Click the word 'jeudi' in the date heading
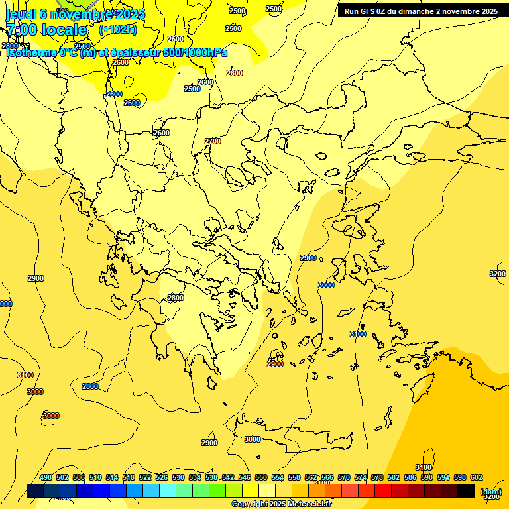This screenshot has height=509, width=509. (x=21, y=14)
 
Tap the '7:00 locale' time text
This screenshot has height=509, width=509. (x=46, y=30)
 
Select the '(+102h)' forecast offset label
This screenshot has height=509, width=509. (x=117, y=30)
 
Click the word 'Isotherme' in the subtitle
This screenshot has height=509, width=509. (x=30, y=52)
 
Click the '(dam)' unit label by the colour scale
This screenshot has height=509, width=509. (x=490, y=492)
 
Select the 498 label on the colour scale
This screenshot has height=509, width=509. (x=46, y=478)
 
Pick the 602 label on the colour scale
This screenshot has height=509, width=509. (x=477, y=478)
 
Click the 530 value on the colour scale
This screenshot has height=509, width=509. (x=178, y=478)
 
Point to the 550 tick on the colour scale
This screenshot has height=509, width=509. (x=261, y=478)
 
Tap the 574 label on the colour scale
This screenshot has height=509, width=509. (x=361, y=478)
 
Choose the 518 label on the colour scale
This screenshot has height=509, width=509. (x=129, y=478)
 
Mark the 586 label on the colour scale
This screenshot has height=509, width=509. (x=410, y=478)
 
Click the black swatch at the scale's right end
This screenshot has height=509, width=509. (x=466, y=491)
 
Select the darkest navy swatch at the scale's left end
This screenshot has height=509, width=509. (x=35, y=491)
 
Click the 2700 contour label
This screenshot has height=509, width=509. (x=213, y=141)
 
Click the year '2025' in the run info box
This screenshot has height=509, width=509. (x=487, y=11)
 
